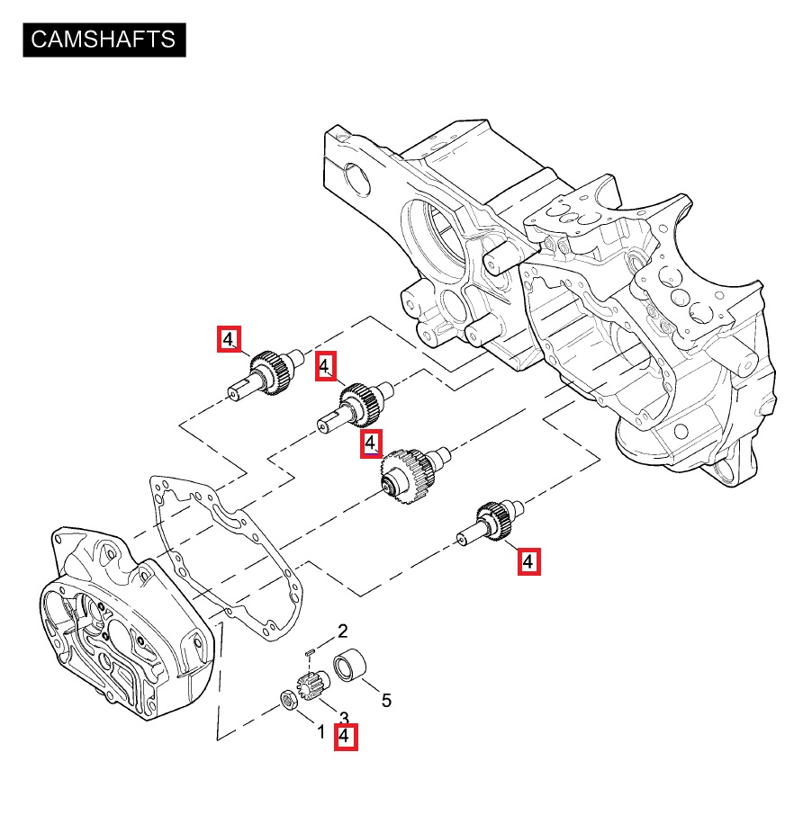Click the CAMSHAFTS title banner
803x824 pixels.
click(x=104, y=40)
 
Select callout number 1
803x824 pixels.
click(x=320, y=731)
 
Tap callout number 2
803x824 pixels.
click(x=342, y=630)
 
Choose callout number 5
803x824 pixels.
click(x=386, y=700)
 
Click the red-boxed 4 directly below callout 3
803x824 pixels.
click(x=346, y=738)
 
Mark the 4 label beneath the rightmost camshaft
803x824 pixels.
click(x=528, y=562)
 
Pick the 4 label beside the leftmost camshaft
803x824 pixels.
click(x=230, y=339)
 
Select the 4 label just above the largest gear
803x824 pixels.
click(x=370, y=443)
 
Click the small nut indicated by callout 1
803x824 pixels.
click(x=289, y=698)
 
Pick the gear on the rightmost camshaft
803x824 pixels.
click(x=495, y=520)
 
